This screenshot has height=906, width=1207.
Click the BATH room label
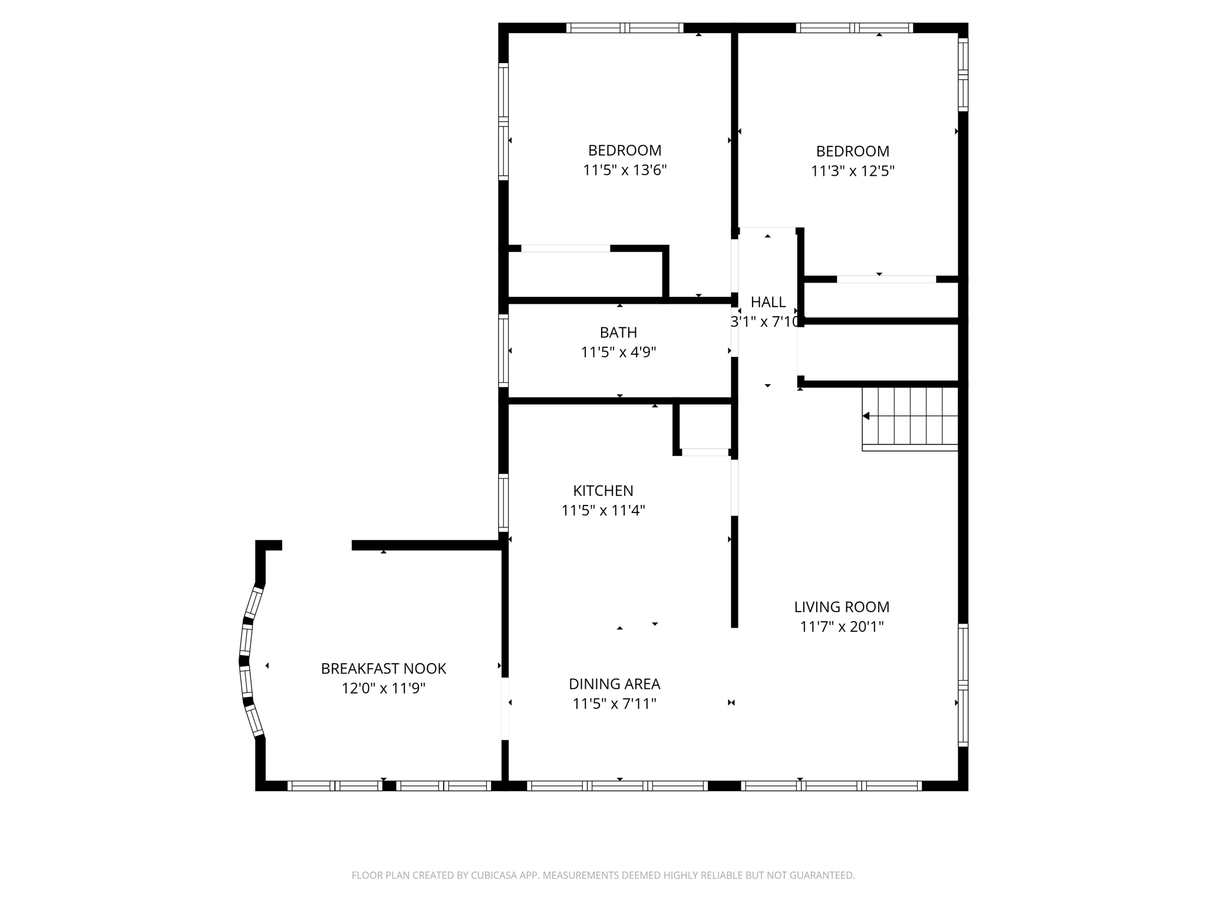point(618,332)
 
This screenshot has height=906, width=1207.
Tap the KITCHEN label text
point(603,491)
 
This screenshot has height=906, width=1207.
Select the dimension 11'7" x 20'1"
point(842,626)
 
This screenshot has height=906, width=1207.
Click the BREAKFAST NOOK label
point(383,668)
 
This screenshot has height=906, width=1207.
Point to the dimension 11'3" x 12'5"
point(852,171)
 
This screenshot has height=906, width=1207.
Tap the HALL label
point(768,302)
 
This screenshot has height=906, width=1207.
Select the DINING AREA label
point(614,684)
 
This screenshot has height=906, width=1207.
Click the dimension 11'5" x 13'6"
point(625,170)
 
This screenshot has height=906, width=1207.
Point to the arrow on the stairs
point(866,416)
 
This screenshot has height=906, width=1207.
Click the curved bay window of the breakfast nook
point(247,661)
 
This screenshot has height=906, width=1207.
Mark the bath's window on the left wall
point(503,351)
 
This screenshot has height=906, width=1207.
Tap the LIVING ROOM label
point(842,607)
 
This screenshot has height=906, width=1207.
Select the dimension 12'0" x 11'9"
point(383,688)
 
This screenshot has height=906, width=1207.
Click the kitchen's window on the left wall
point(503,502)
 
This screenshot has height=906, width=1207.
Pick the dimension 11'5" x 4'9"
point(618,352)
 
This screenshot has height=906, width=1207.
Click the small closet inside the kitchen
point(705,428)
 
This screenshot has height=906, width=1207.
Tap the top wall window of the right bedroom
point(854,28)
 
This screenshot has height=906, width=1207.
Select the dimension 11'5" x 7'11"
point(614,704)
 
